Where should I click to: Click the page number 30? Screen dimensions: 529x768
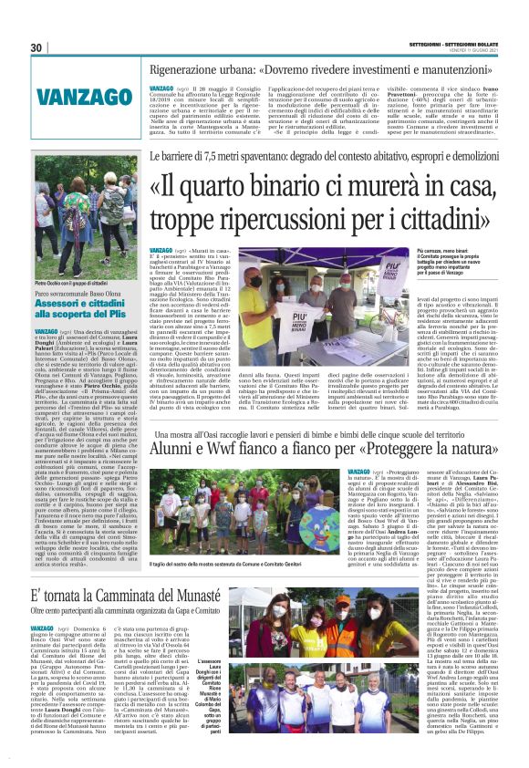[37, 47]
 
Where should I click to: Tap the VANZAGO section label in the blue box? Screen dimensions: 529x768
[76, 95]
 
